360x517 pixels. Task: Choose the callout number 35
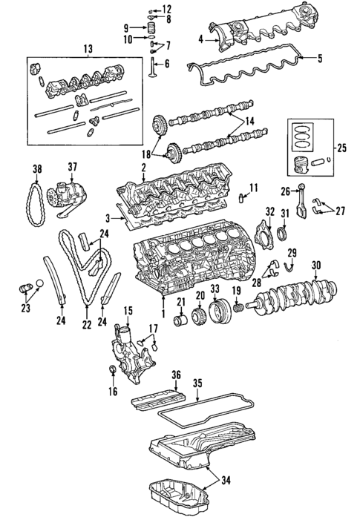coord(197,383)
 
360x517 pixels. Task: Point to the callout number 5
coord(320,59)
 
